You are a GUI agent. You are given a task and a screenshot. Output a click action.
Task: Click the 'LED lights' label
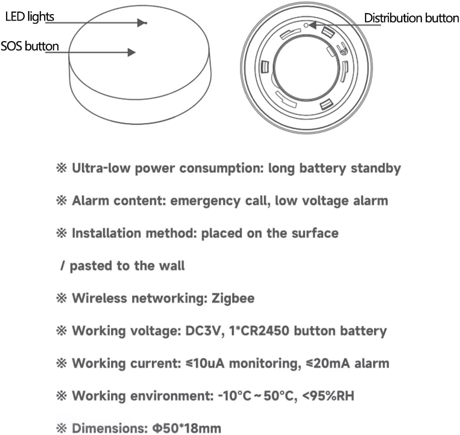(30, 17)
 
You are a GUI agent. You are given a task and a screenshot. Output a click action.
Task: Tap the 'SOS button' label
(30, 46)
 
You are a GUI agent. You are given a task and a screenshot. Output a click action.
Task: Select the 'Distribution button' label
(412, 18)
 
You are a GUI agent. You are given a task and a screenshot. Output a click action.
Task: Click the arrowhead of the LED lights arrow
(142, 23)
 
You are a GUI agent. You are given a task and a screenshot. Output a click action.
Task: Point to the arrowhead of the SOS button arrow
(131, 52)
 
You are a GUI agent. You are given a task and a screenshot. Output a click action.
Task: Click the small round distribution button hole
(306, 26)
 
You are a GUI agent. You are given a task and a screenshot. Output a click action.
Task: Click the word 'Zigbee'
(233, 298)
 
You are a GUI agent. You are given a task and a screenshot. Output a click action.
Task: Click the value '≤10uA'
(205, 363)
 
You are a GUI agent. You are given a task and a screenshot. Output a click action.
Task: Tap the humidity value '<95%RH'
(328, 396)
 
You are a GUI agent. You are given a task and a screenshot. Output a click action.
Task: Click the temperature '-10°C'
(235, 396)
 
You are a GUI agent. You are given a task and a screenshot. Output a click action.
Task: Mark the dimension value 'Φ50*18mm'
(187, 428)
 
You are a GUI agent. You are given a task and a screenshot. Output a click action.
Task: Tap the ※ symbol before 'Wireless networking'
(61, 298)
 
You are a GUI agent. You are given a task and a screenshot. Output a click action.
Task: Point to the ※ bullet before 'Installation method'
(61, 234)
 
